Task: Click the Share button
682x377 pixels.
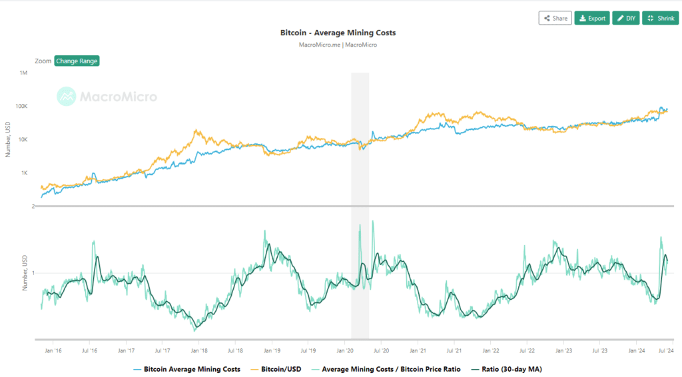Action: (x=555, y=18)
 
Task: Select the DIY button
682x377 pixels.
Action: (x=625, y=18)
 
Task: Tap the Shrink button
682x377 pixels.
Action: (x=660, y=18)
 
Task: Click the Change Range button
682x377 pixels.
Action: (x=77, y=61)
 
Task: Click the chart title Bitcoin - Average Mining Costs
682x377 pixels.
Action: (x=340, y=33)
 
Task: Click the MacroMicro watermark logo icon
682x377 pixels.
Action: (x=66, y=97)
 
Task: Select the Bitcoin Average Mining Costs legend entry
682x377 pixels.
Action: (x=192, y=368)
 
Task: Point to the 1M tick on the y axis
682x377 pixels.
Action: (x=23, y=73)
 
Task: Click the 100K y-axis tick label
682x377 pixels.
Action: (x=21, y=106)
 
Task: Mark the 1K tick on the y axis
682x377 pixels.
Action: (x=23, y=173)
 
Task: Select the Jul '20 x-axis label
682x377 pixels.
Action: (x=381, y=350)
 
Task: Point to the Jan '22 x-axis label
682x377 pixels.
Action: (x=491, y=350)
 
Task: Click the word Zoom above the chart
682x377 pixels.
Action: (x=43, y=61)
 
